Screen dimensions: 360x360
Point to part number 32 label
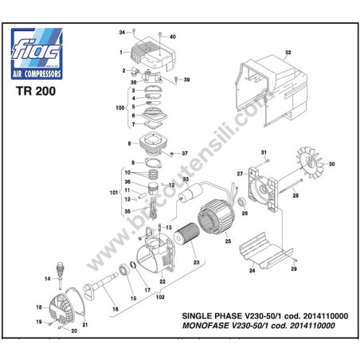(288, 53)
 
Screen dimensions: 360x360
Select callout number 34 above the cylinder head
(123, 32)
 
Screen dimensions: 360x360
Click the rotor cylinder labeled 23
(183, 243)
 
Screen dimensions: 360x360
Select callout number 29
(294, 269)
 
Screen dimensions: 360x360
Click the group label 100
(121, 107)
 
